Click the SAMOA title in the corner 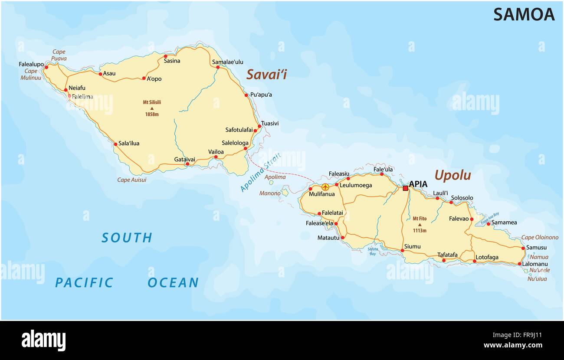point(524,15)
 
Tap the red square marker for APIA point(405,188)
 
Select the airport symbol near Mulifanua point(325,187)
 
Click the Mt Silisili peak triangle point(152,108)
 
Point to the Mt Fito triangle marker point(420,225)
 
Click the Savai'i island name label point(266,75)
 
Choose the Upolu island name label point(453,175)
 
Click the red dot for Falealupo point(46,67)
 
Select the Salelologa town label point(235,143)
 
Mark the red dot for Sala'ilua point(115,144)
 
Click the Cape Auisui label point(132,180)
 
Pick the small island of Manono point(285,192)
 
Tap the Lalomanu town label point(535,264)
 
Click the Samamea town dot point(488,223)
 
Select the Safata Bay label point(373,251)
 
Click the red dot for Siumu point(402,250)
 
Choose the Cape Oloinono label point(540,237)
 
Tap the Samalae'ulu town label point(227,62)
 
